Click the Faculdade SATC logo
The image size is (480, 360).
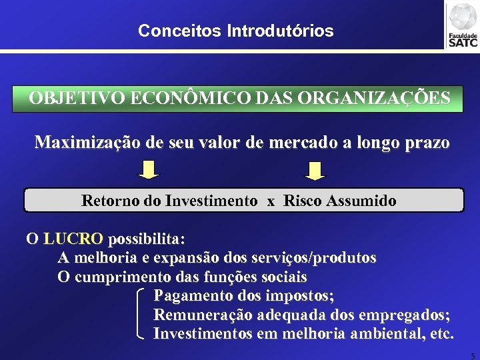click(x=463, y=25)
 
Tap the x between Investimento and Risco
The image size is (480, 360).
click(x=271, y=201)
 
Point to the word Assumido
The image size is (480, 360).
click(x=363, y=200)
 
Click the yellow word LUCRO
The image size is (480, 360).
click(x=73, y=239)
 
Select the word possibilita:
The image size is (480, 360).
click(x=147, y=239)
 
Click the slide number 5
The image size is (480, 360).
click(x=473, y=354)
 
